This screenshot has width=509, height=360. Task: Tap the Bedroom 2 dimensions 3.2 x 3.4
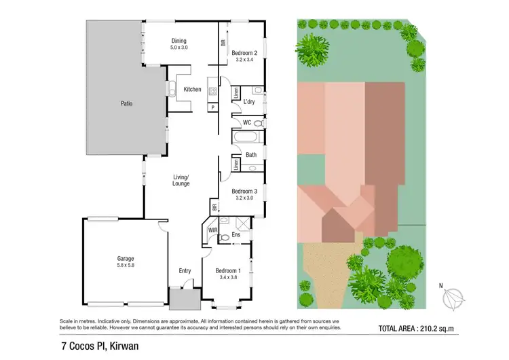click(244, 60)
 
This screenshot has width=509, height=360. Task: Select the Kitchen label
click(192, 90)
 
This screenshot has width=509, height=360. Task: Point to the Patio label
click(126, 104)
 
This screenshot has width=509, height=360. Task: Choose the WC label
click(248, 123)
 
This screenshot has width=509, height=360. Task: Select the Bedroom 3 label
click(244, 192)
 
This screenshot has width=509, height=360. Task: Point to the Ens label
click(236, 235)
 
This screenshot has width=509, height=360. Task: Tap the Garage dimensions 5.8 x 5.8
click(125, 266)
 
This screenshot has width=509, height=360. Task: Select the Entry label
click(185, 270)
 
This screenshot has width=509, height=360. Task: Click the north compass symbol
click(452, 298)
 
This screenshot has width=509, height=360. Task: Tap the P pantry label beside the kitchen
click(212, 107)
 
